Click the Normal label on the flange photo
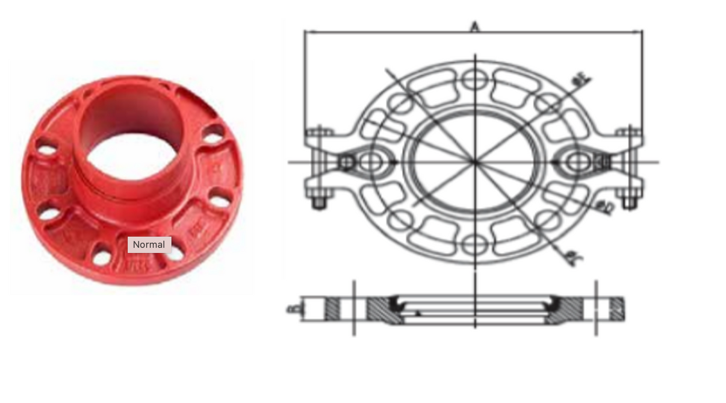149,245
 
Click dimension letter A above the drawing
475,27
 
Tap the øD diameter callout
605,208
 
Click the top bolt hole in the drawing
475,78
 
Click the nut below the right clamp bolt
629,203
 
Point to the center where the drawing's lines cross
475,161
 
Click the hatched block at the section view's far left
332,309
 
